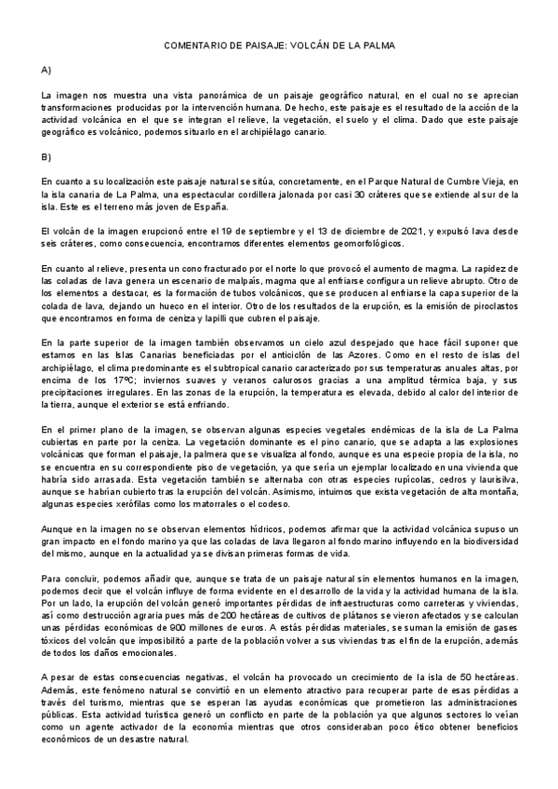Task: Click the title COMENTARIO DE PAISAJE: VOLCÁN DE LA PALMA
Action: (278, 45)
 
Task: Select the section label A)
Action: (46, 71)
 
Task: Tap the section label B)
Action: (46, 156)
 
